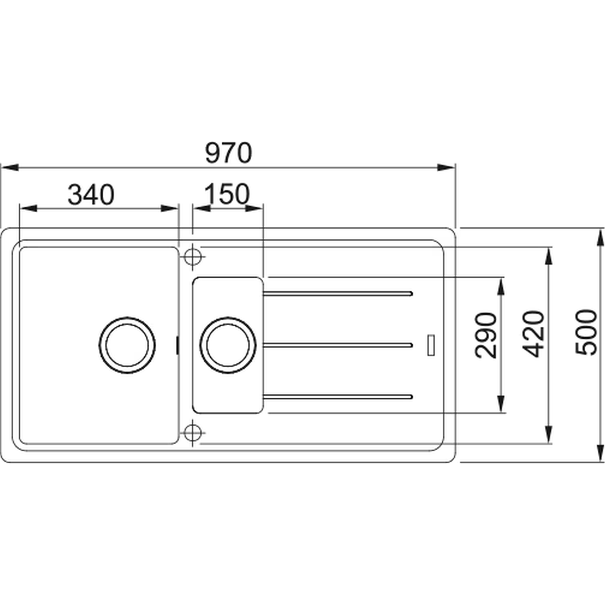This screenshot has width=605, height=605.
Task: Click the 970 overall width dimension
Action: tap(228, 153)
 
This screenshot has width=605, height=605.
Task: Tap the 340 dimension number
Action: tap(91, 195)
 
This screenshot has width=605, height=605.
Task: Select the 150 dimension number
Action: tap(227, 194)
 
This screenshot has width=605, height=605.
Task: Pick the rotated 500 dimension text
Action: tap(585, 332)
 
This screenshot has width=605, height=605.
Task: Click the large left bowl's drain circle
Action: tap(127, 345)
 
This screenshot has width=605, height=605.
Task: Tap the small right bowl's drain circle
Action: tap(227, 345)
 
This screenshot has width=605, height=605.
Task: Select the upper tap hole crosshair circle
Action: tap(193, 257)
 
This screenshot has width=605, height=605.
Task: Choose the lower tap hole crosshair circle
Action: tap(193, 433)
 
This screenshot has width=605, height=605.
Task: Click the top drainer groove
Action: tap(337, 293)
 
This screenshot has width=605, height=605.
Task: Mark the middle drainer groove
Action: tap(337, 345)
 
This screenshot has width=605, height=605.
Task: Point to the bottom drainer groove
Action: tap(337, 397)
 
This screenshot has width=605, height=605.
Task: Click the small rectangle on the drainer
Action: tap(431, 345)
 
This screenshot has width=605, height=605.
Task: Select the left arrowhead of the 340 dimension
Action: tap(29, 208)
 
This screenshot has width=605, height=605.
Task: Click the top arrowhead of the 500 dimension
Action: tap(601, 237)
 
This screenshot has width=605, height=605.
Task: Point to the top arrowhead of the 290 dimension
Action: tap(501, 286)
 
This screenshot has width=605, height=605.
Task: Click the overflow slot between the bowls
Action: tap(178, 345)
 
